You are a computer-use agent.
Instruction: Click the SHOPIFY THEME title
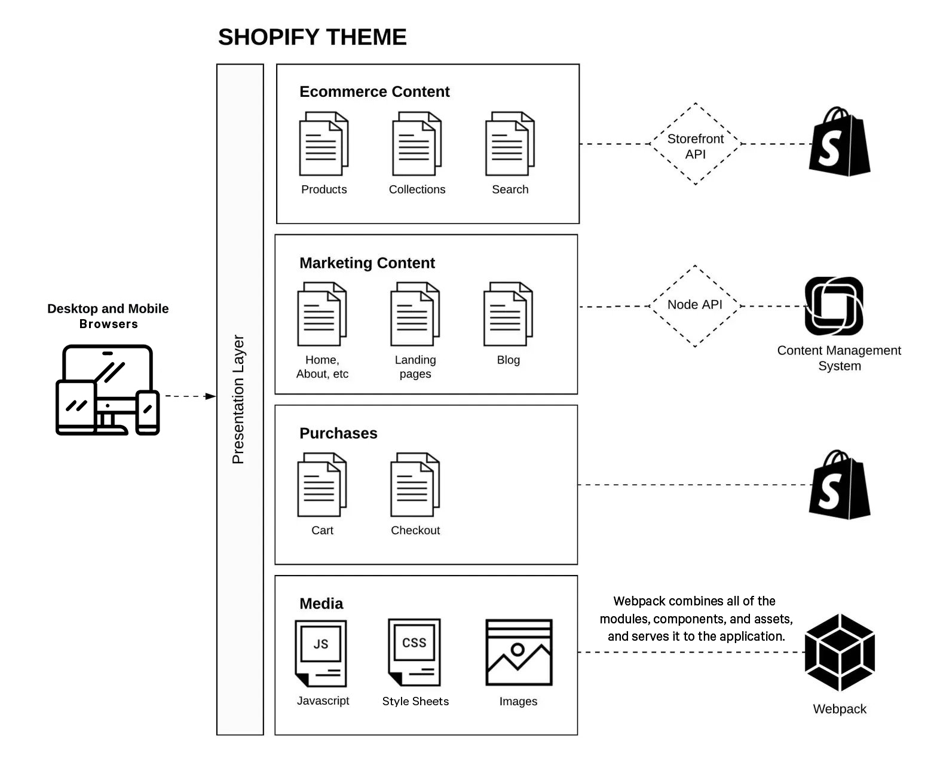tap(312, 37)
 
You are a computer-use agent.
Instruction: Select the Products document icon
tap(323, 143)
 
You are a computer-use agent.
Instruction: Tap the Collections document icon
tap(417, 143)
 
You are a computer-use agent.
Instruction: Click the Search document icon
tap(510, 143)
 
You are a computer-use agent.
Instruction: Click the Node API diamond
tap(694, 305)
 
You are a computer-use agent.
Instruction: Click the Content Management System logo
tap(834, 306)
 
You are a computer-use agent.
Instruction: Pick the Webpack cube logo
tap(840, 653)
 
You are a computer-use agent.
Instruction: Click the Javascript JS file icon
tap(321, 653)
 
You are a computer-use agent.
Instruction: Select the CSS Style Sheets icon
tap(414, 653)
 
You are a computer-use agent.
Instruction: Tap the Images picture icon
tap(519, 653)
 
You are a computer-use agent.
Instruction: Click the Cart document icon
tap(322, 485)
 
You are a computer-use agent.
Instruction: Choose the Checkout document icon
tap(415, 485)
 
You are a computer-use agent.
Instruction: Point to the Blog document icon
tap(508, 314)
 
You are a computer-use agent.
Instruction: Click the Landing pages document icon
tap(415, 314)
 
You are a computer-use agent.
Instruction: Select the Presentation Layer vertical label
tap(238, 399)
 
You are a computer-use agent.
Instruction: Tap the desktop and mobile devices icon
tap(108, 390)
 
